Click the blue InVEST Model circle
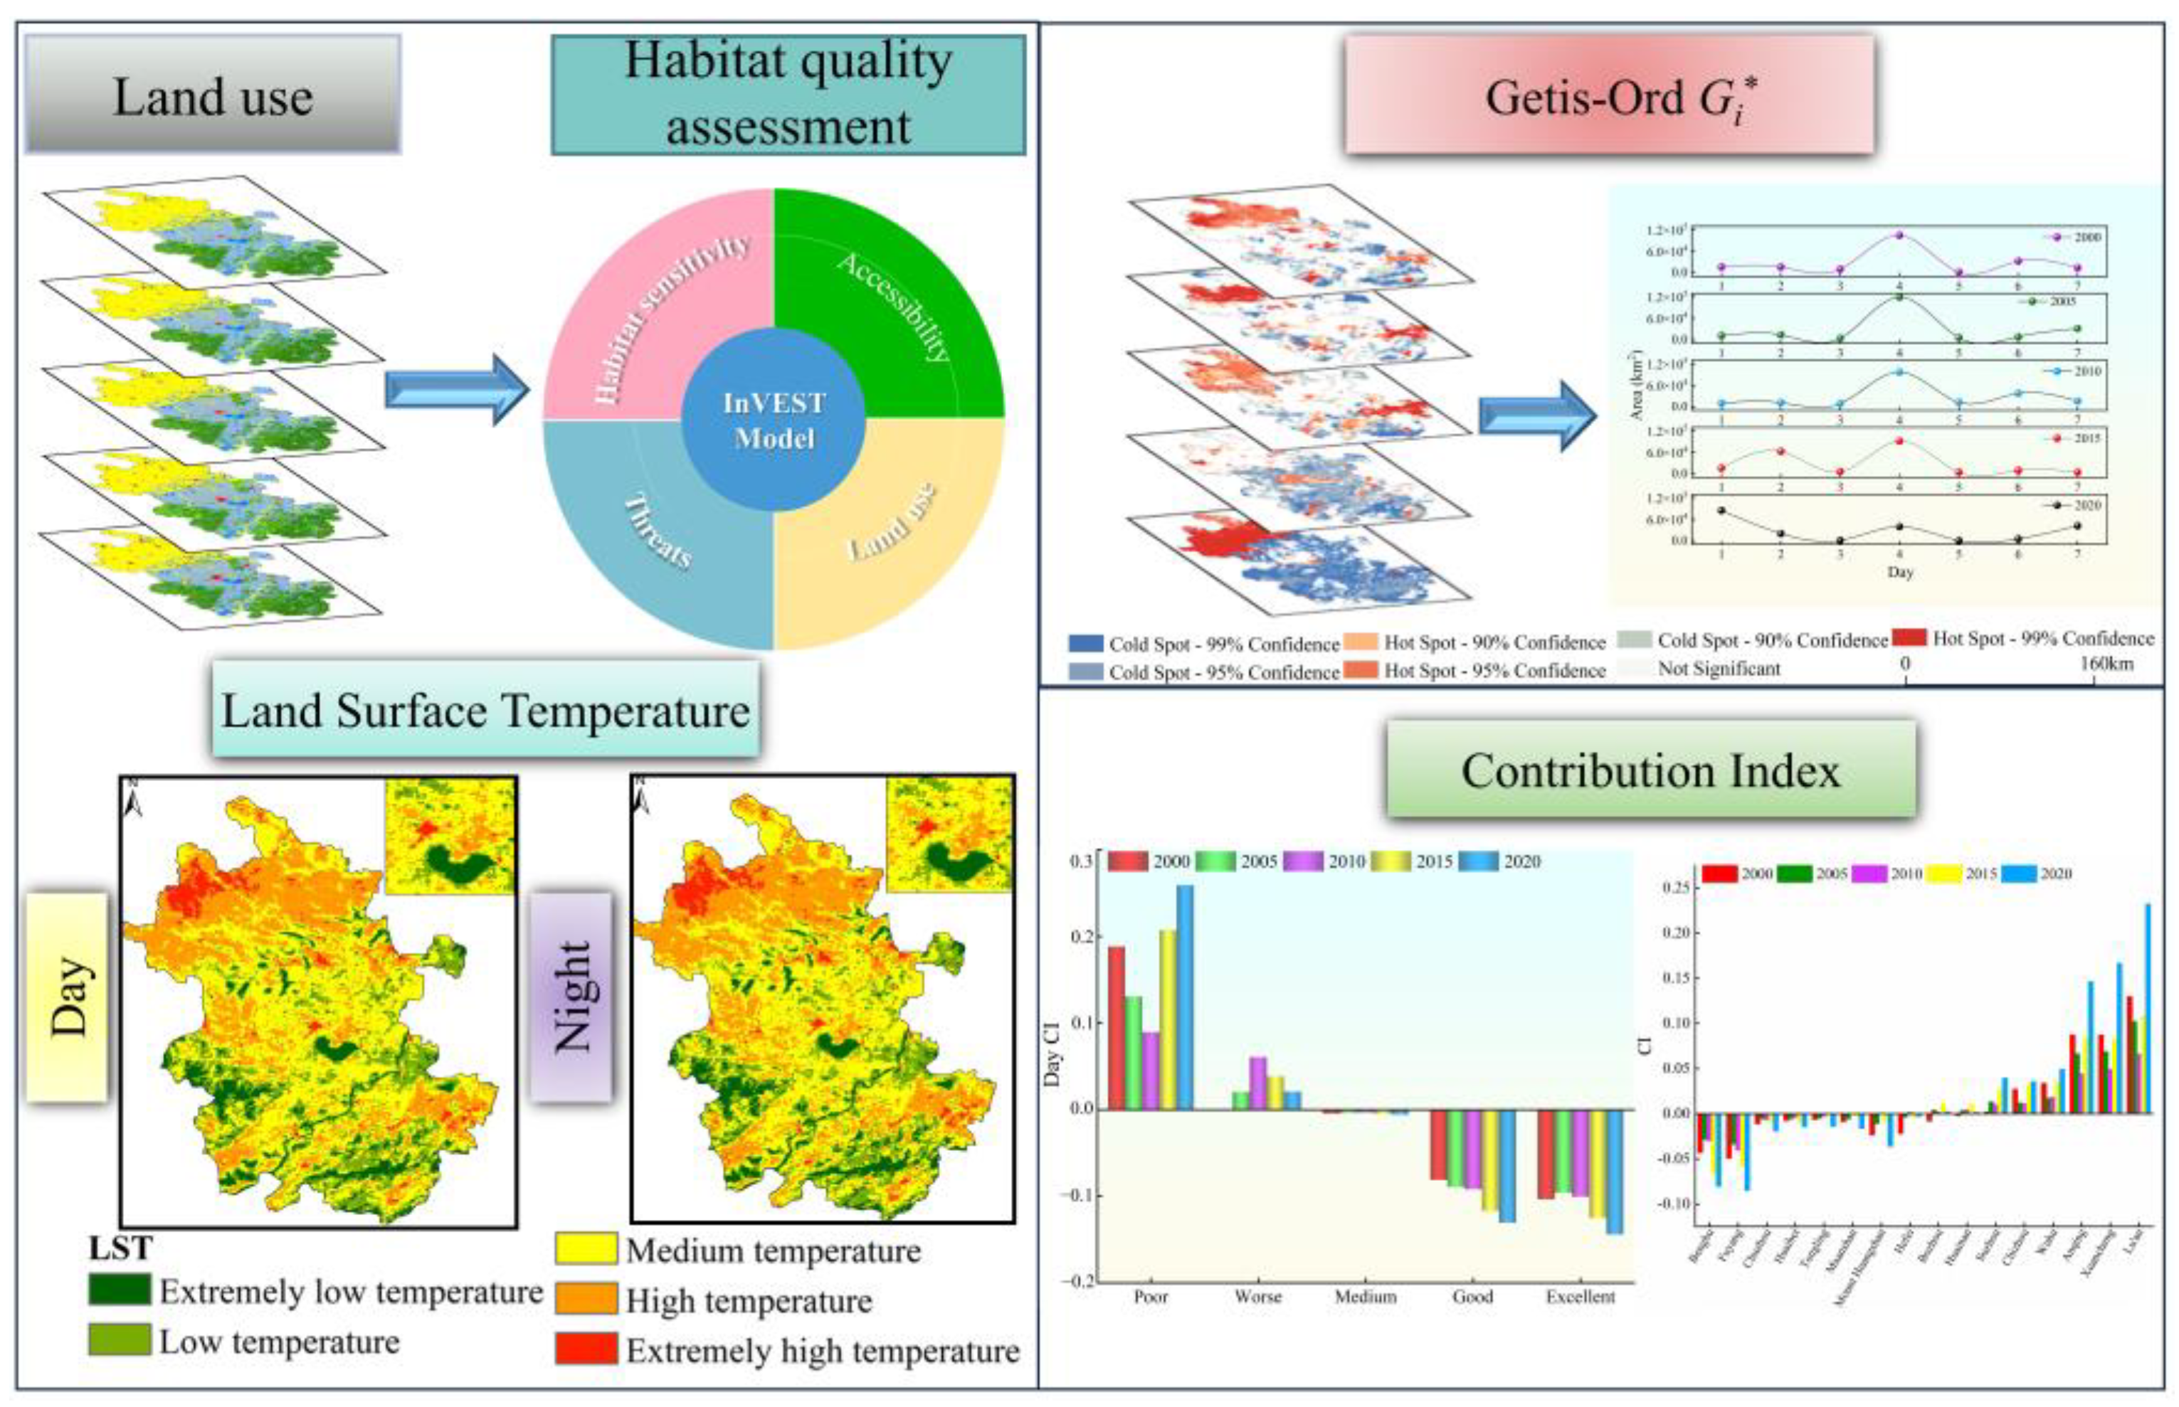(x=774, y=420)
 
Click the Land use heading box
(x=212, y=95)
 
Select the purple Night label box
(x=571, y=997)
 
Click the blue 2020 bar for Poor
(x=1185, y=997)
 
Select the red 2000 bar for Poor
(x=1116, y=1028)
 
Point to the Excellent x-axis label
(x=1581, y=1297)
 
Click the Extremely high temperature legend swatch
(x=586, y=1349)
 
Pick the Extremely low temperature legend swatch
(x=119, y=1290)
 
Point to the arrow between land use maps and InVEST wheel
(x=456, y=389)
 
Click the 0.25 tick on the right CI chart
(x=1675, y=887)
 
